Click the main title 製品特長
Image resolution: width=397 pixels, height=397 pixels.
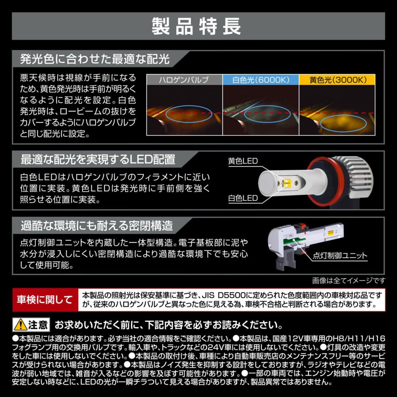pos(196,26)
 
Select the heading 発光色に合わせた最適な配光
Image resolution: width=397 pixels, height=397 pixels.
pos(95,59)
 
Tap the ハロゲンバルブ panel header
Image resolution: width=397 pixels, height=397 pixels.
pos(184,80)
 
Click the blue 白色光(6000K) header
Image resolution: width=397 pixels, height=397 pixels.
pos(261,80)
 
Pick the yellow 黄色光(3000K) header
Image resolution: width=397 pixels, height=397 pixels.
pos(337,80)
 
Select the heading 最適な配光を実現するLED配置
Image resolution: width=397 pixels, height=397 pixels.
pos(98,160)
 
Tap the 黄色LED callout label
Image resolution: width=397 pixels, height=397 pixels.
pos(243,161)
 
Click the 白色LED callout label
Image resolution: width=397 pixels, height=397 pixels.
pos(243,198)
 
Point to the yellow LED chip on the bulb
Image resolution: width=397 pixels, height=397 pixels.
pos(287,183)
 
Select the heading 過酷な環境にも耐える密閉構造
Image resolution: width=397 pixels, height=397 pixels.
pos(97,225)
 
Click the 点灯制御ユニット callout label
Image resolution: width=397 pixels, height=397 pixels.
pos(340,255)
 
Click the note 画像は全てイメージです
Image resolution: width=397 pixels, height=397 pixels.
pos(349,281)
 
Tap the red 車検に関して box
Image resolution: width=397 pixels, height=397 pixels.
pos(45,300)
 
